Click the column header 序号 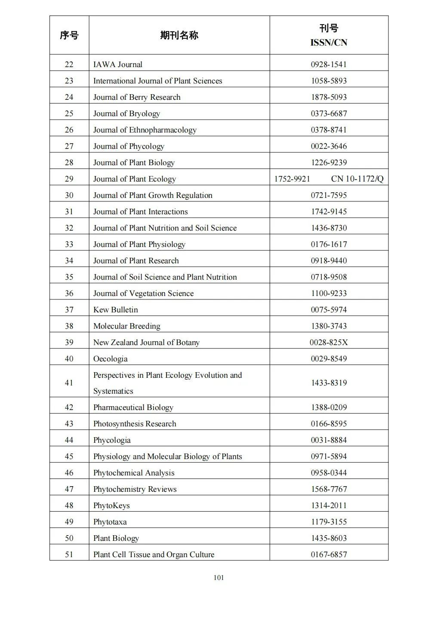(69, 35)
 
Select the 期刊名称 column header (179, 35)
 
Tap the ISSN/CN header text (329, 43)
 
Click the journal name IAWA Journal (118, 65)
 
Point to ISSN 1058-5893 (329, 81)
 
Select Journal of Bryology (126, 114)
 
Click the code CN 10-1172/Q (357, 179)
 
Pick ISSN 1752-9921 (292, 179)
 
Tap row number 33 (69, 244)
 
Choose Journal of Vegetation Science (143, 293)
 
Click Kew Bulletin (116, 310)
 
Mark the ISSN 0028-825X (329, 342)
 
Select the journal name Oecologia (111, 359)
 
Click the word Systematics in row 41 (113, 391)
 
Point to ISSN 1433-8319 (329, 383)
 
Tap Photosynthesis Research (135, 424)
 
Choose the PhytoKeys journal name (111, 506)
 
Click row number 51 (69, 555)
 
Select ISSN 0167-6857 (329, 555)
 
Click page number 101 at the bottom (219, 578)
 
